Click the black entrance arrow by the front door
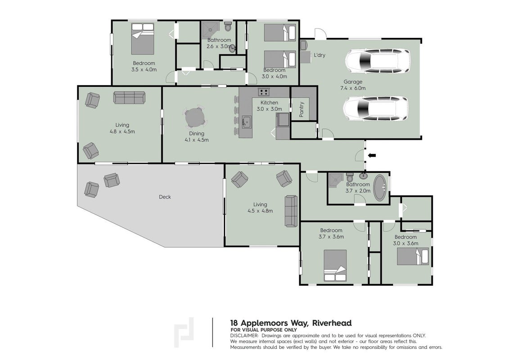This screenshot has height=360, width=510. point(372,155)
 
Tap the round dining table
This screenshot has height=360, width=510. point(195,118)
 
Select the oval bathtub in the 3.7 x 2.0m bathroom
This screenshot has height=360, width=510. point(380,188)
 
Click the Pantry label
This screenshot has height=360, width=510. point(302,109)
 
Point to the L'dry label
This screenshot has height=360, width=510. point(320,55)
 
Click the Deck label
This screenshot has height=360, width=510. point(165,197)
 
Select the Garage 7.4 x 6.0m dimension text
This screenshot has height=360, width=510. point(353,88)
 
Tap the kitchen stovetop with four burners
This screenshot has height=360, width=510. point(264,92)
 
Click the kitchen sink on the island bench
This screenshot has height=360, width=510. point(246,122)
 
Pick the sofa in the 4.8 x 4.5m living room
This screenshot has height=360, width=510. point(129,97)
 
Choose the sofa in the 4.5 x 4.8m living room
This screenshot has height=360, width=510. point(291,211)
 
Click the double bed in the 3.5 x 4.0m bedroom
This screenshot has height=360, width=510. point(142,39)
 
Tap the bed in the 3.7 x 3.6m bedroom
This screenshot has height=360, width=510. point(335,265)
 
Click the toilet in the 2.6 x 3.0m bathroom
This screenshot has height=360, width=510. point(228,27)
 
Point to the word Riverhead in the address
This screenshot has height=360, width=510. point(332,323)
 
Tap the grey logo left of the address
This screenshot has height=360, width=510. point(184,333)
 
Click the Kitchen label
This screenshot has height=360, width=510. point(269,103)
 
